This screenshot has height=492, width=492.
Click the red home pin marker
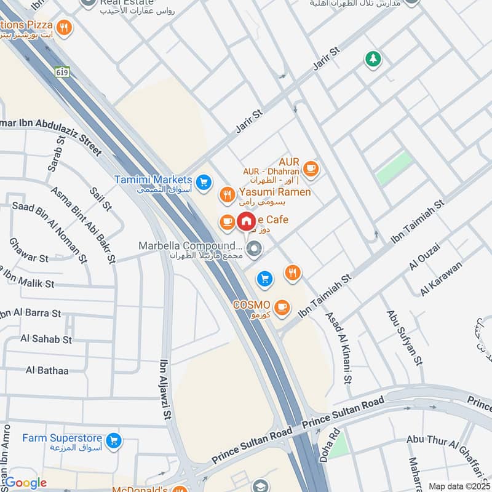(x=246, y=221)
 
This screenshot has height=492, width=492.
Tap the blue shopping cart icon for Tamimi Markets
(x=204, y=182)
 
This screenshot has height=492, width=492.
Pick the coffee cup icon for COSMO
(x=282, y=307)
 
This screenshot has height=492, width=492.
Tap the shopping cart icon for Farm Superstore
(x=113, y=440)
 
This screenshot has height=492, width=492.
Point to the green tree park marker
(x=373, y=59)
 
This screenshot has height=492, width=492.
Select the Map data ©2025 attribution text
(x=459, y=486)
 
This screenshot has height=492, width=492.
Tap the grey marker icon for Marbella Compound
(x=253, y=249)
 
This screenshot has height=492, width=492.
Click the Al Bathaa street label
(x=47, y=370)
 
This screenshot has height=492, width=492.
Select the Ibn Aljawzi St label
(x=165, y=390)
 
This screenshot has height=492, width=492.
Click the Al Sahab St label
(x=46, y=339)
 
